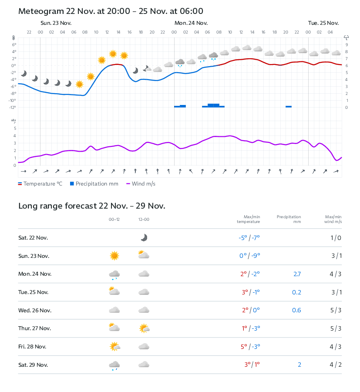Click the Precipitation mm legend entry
[94, 184]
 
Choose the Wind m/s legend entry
[141, 184]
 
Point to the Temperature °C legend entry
[40, 184]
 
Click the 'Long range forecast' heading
[91, 206]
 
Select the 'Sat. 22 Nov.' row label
[33, 238]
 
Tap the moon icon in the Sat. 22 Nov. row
[144, 237]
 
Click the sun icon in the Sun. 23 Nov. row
[114, 256]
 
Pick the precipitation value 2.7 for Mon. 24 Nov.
[297, 274]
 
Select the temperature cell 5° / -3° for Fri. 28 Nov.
[250, 347]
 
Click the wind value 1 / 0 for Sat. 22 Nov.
[336, 238]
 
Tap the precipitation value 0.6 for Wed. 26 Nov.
[297, 311]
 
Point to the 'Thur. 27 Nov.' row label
[34, 328]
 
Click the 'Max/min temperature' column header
[248, 219]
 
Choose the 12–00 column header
[144, 220]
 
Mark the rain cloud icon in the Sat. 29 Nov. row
[114, 365]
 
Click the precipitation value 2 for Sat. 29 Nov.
[299, 365]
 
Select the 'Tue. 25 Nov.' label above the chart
[323, 23]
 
